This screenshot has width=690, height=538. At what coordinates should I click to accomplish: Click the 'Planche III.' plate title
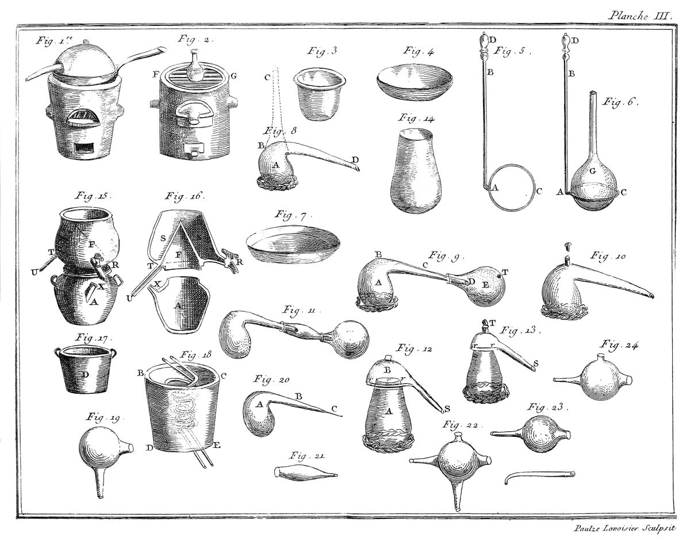click(639, 16)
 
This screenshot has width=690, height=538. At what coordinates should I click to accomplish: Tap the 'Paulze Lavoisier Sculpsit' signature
click(624, 528)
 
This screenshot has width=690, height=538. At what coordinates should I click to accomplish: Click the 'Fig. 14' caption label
click(416, 118)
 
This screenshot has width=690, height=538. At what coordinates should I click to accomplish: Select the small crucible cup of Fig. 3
click(320, 95)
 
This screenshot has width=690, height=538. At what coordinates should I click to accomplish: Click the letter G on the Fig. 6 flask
click(592, 172)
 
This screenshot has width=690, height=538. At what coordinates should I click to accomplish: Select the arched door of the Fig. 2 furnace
click(193, 114)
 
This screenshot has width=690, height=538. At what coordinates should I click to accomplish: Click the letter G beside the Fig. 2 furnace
click(234, 76)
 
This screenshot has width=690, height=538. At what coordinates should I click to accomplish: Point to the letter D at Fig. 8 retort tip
click(355, 159)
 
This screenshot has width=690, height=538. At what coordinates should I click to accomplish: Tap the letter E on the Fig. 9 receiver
click(485, 284)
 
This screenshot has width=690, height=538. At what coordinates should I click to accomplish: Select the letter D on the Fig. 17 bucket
click(85, 374)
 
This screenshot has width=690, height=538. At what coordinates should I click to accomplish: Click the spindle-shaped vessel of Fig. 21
click(305, 473)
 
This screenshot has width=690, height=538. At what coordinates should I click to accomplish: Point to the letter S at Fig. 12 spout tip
click(447, 409)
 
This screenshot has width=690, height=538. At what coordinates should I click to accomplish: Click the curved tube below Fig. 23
click(539, 477)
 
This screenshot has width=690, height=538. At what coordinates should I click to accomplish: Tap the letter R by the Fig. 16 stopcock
click(240, 262)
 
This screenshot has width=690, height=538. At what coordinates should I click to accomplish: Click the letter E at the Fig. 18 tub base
click(217, 446)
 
